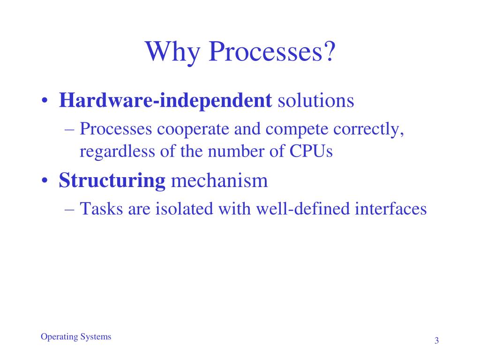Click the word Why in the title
click(173, 52)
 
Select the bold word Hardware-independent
click(165, 101)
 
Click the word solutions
click(316, 100)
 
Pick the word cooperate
click(193, 129)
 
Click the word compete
click(297, 129)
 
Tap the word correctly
click(368, 129)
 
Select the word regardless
click(117, 151)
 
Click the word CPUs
click(311, 151)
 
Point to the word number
click(236, 151)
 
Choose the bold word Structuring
click(112, 180)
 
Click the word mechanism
click(219, 180)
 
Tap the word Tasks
click(101, 209)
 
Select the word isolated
click(184, 209)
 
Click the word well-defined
click(303, 209)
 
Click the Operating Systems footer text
click(76, 337)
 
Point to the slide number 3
click(436, 340)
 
